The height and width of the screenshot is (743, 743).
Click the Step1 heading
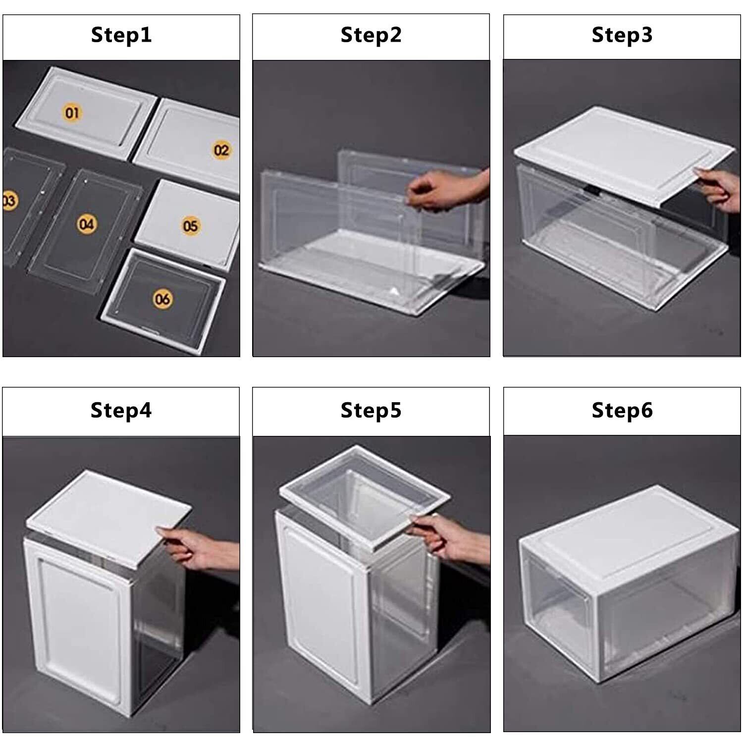click(121, 35)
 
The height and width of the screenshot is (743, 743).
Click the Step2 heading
click(371, 35)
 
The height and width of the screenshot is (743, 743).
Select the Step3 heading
click(622, 35)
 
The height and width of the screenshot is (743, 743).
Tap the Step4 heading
click(121, 411)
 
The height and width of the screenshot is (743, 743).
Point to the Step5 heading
click(371, 411)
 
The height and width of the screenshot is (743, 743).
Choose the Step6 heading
click(622, 411)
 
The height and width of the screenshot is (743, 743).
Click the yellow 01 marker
click(72, 113)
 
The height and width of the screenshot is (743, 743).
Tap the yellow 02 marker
click(221, 150)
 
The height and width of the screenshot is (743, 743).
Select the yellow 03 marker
click(8, 201)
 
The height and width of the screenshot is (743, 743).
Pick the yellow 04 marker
click(86, 224)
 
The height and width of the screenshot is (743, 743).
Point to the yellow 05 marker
click(191, 226)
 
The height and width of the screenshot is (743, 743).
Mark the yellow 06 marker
click(162, 299)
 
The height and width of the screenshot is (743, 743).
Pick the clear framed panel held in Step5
click(365, 495)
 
